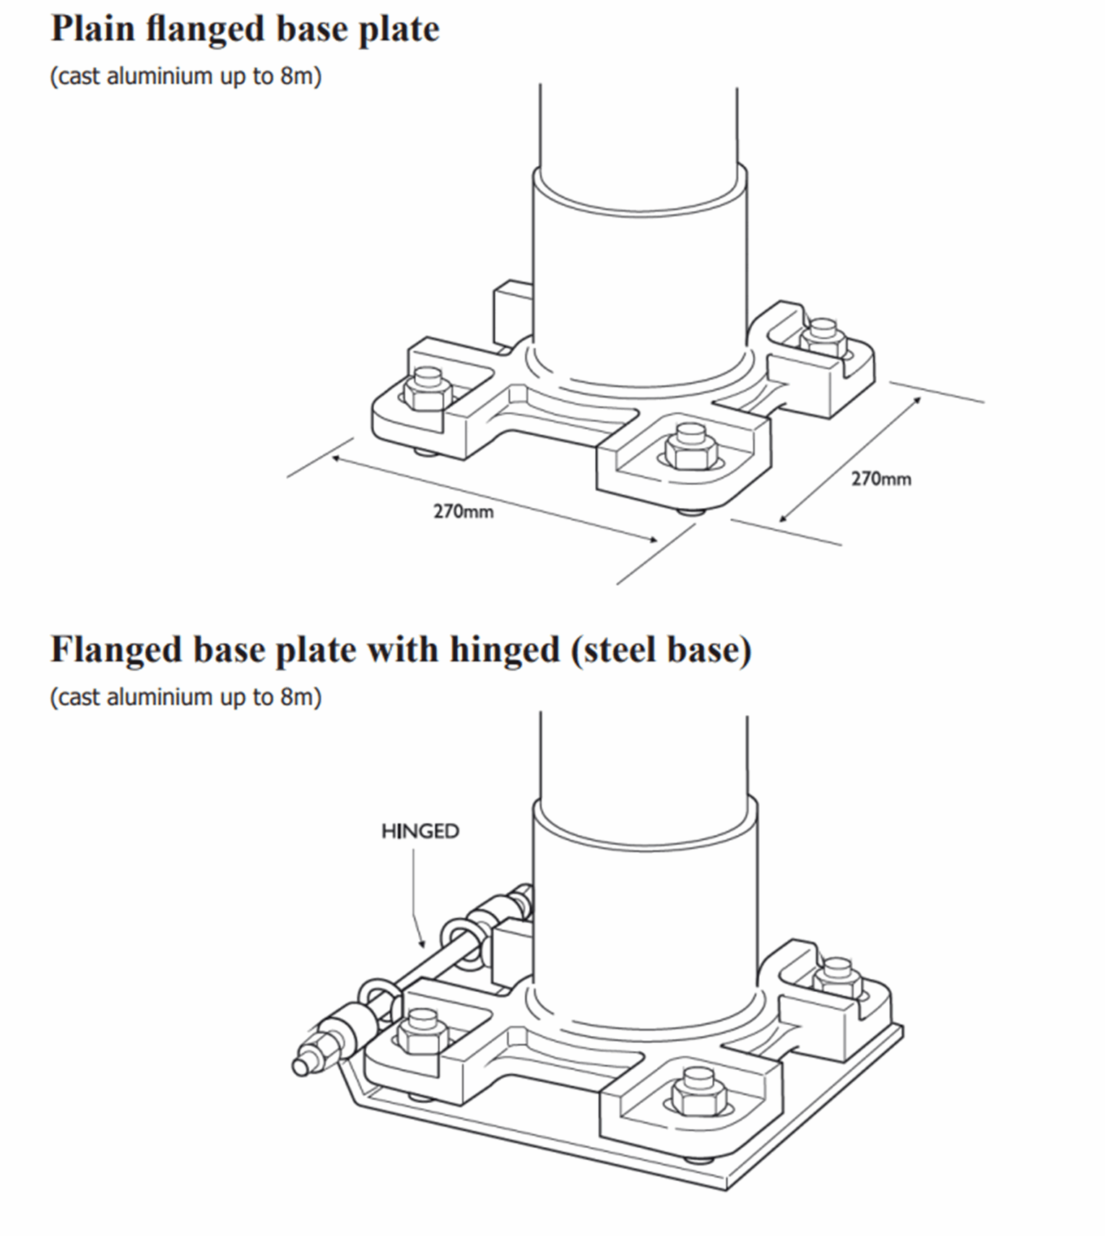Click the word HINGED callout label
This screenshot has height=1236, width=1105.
[x=420, y=831]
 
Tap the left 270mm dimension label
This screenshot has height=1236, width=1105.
[x=463, y=511]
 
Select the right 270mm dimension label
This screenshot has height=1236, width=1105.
[x=880, y=479]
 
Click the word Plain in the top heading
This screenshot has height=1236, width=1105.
[x=93, y=30]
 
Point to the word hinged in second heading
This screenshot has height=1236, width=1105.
[x=505, y=649]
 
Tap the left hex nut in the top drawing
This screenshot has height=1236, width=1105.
[x=428, y=390]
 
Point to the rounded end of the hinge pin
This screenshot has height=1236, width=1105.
[x=300, y=1066]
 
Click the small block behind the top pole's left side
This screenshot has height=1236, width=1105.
[x=512, y=312]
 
